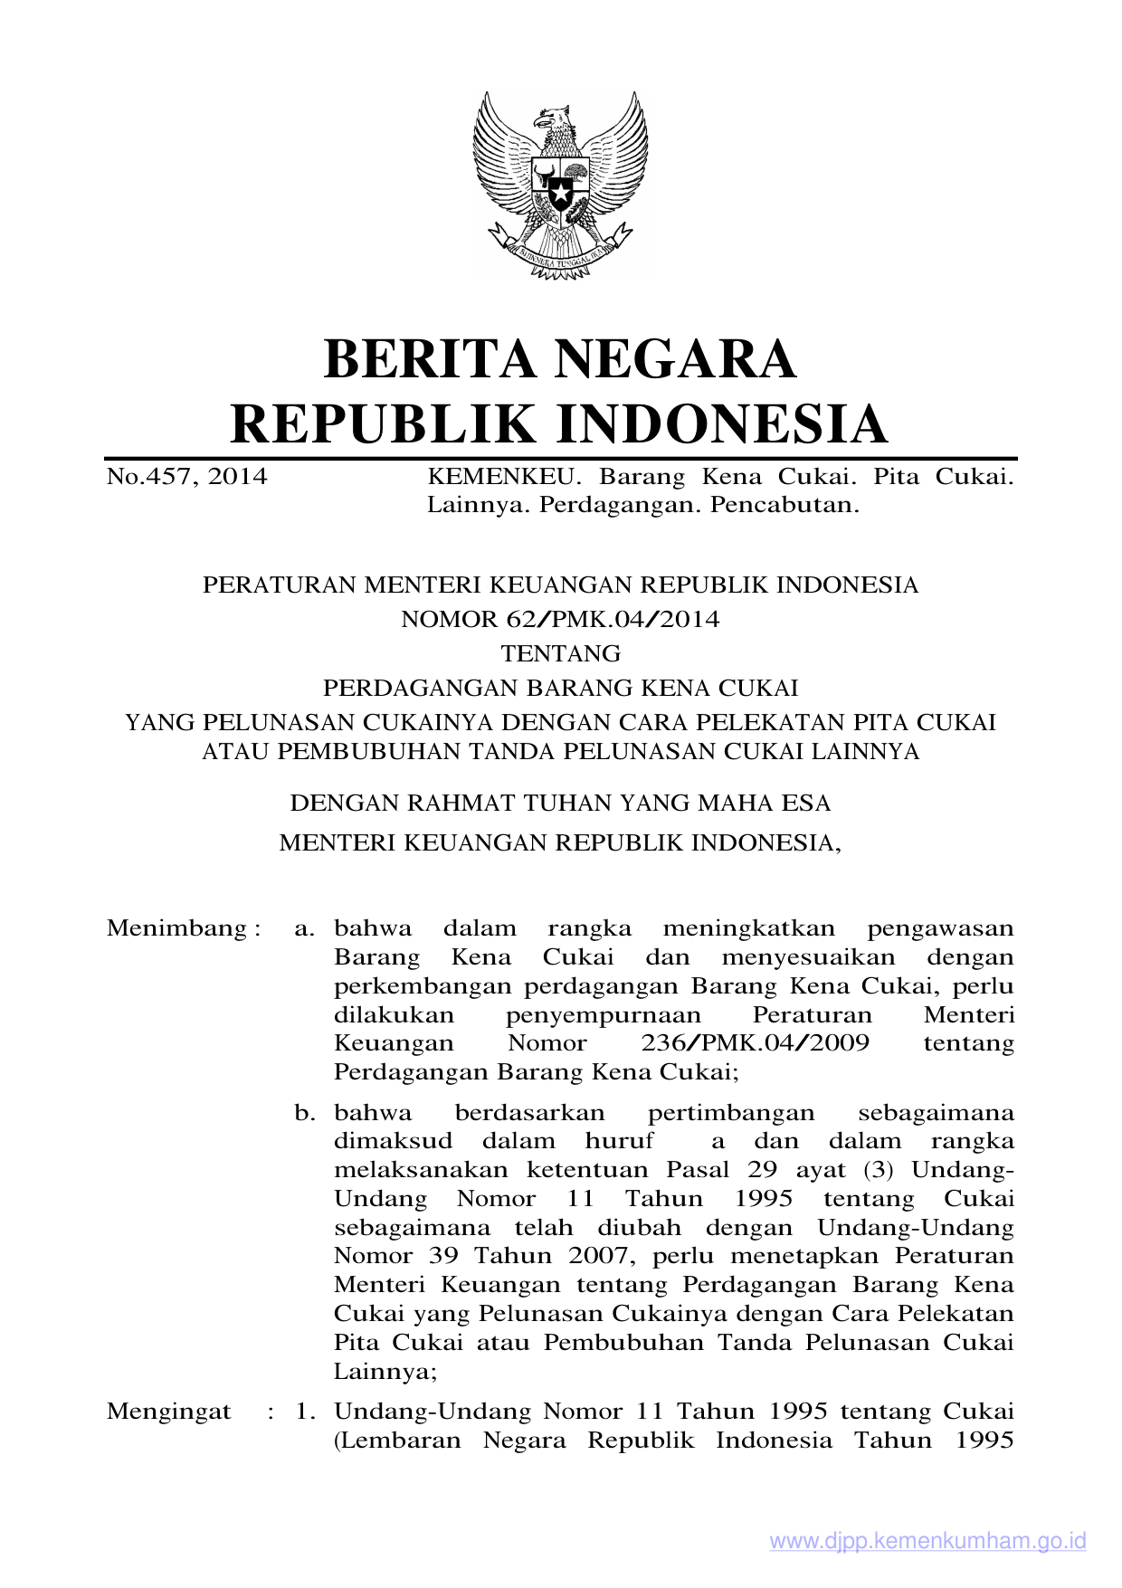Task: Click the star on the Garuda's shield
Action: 560,194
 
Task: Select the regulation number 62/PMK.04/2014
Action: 613,619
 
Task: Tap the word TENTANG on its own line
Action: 561,653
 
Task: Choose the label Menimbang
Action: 177,928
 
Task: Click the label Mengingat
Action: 169,1412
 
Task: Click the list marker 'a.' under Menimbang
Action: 305,928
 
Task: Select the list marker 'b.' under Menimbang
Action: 305,1113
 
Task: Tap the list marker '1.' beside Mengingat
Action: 305,1412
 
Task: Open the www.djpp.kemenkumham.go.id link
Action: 927,1541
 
